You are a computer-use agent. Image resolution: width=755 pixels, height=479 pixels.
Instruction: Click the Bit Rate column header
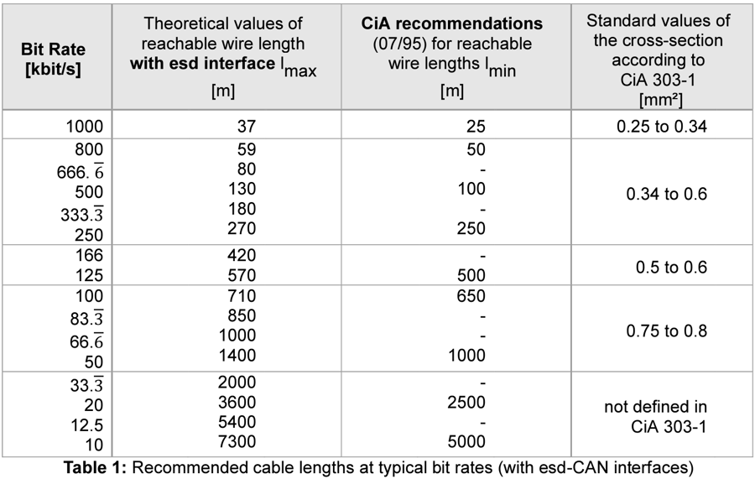(x=53, y=59)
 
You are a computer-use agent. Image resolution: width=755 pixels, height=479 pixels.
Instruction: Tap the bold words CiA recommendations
(x=451, y=23)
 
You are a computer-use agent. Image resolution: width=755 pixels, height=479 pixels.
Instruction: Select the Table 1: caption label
(x=95, y=467)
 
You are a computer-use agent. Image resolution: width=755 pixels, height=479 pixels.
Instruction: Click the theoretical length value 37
(x=246, y=126)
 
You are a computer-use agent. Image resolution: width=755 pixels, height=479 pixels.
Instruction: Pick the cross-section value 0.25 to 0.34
(x=662, y=126)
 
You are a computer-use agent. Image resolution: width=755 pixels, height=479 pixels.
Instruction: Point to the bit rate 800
(x=89, y=149)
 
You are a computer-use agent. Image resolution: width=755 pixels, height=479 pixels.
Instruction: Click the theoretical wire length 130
(x=242, y=189)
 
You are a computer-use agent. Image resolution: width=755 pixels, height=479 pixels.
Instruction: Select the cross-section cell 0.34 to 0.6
(x=666, y=194)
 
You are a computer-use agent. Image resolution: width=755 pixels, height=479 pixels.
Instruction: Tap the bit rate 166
(x=89, y=255)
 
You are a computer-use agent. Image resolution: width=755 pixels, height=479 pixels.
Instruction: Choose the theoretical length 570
(x=242, y=275)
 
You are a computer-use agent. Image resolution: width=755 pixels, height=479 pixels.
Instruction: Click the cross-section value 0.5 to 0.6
(x=671, y=267)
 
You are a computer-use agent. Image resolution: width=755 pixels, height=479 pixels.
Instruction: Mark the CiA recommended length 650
(x=471, y=295)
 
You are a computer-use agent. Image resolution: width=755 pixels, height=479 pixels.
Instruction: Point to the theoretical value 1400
(x=237, y=356)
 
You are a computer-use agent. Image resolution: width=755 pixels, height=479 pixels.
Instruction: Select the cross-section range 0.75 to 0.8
(x=666, y=331)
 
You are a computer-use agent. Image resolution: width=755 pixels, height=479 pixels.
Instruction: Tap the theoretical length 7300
(x=237, y=441)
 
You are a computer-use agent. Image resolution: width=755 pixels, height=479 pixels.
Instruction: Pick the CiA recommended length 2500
(x=466, y=402)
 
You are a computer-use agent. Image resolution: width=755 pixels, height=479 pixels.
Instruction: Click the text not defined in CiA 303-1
(x=656, y=416)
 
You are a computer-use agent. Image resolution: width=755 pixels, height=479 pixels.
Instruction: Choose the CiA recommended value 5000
(x=466, y=441)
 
